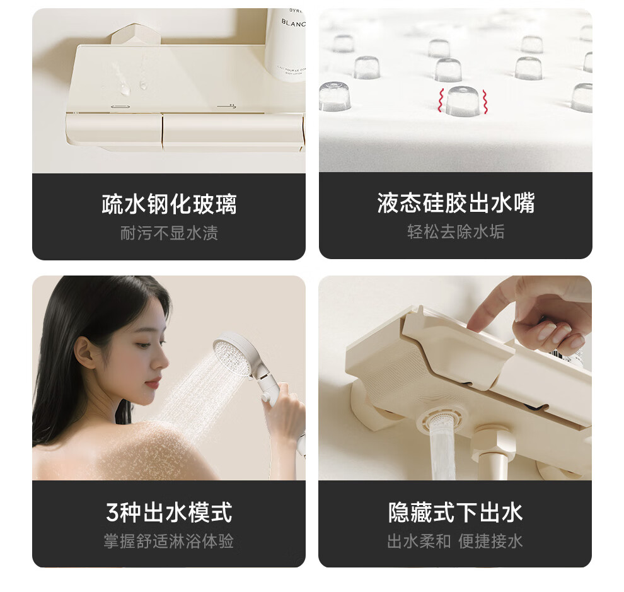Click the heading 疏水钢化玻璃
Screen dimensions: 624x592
coord(169,204)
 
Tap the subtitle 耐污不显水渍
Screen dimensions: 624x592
coord(169,233)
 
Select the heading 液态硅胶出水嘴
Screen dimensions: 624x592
coord(456,203)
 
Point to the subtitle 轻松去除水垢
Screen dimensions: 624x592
coord(456,232)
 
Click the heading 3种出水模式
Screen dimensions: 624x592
coord(169,512)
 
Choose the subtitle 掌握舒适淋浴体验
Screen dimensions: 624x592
coord(169,541)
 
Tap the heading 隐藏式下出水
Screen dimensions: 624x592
coord(455,512)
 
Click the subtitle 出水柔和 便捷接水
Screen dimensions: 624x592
coord(455,541)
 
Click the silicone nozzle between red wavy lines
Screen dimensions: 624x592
coord(463,101)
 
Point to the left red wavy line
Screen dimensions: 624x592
coord(441,100)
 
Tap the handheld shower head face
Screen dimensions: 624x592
coord(230,356)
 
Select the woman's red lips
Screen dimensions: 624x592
coord(153,384)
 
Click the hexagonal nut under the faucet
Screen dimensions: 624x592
coord(492,440)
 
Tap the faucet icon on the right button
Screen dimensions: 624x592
coord(227,107)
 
